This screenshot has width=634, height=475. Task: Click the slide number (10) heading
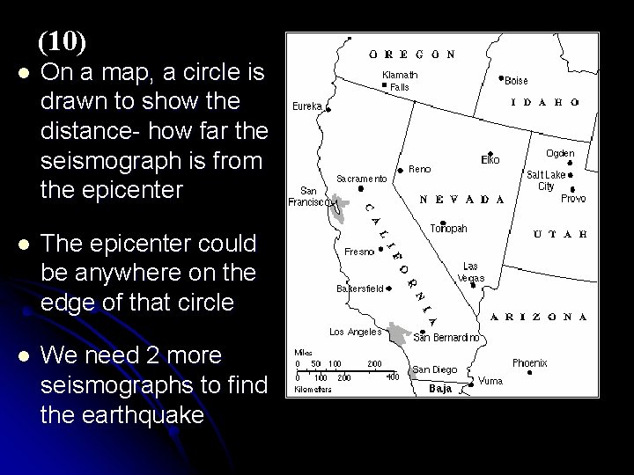pos(62,40)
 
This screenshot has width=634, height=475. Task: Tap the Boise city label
pos(516,80)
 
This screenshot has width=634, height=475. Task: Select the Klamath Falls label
pos(400,81)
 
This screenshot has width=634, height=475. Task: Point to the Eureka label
pos(307,107)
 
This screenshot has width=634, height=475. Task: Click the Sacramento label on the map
pos(362,179)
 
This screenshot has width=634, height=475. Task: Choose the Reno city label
pos(420,170)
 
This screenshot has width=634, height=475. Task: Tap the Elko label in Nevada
pos(490,160)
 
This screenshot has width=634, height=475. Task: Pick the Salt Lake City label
pos(547,180)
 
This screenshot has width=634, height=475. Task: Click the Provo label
pos(573,199)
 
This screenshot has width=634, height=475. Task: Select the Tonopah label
pos(448,228)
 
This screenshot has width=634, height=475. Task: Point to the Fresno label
pos(359,251)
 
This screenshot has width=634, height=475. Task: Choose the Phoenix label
pos(530,362)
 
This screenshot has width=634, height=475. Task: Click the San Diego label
pos(434,369)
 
